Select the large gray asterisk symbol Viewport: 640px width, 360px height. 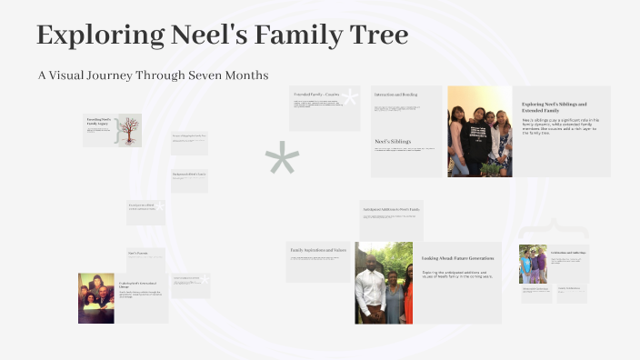pos(282,160)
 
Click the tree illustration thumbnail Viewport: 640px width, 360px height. pos(128,129)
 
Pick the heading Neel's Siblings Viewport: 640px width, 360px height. pos(393,142)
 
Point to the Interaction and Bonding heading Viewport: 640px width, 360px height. pos(396,95)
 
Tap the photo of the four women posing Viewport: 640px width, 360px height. pos(479,131)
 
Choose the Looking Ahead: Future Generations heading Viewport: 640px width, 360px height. pos(456,258)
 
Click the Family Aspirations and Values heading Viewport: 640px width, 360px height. pos(317,249)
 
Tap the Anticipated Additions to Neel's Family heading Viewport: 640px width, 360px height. pos(391,208)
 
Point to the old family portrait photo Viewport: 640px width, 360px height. pos(95,297)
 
